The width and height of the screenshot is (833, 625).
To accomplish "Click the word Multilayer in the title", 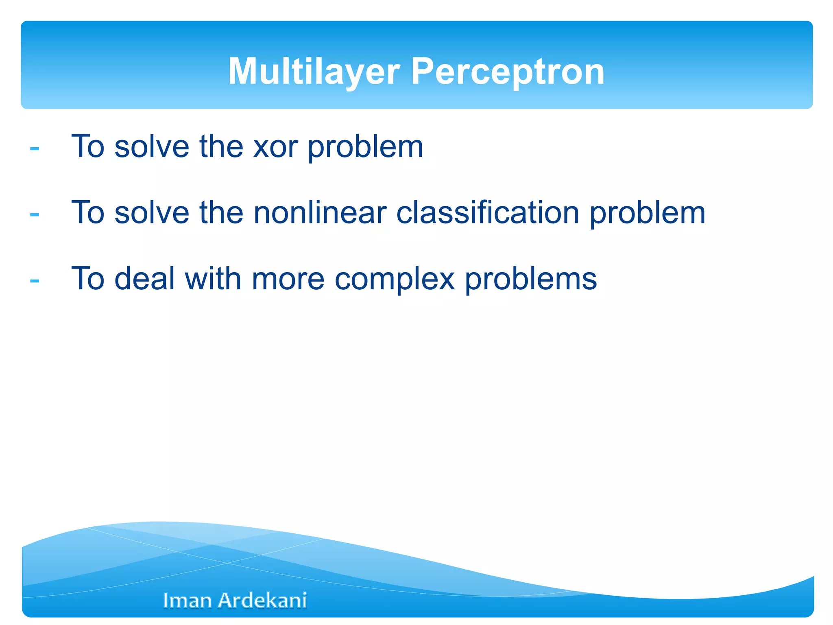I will pyautogui.click(x=314, y=72).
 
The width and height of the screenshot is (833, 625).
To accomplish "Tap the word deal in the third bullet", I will pyautogui.click(x=145, y=279).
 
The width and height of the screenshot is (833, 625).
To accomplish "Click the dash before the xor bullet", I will pyautogui.click(x=35, y=149).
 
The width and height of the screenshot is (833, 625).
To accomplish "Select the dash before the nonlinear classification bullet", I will pyautogui.click(x=35, y=214).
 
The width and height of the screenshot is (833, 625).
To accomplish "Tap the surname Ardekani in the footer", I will pyautogui.click(x=262, y=601).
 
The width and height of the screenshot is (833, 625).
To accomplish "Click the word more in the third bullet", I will pyautogui.click(x=288, y=279).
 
